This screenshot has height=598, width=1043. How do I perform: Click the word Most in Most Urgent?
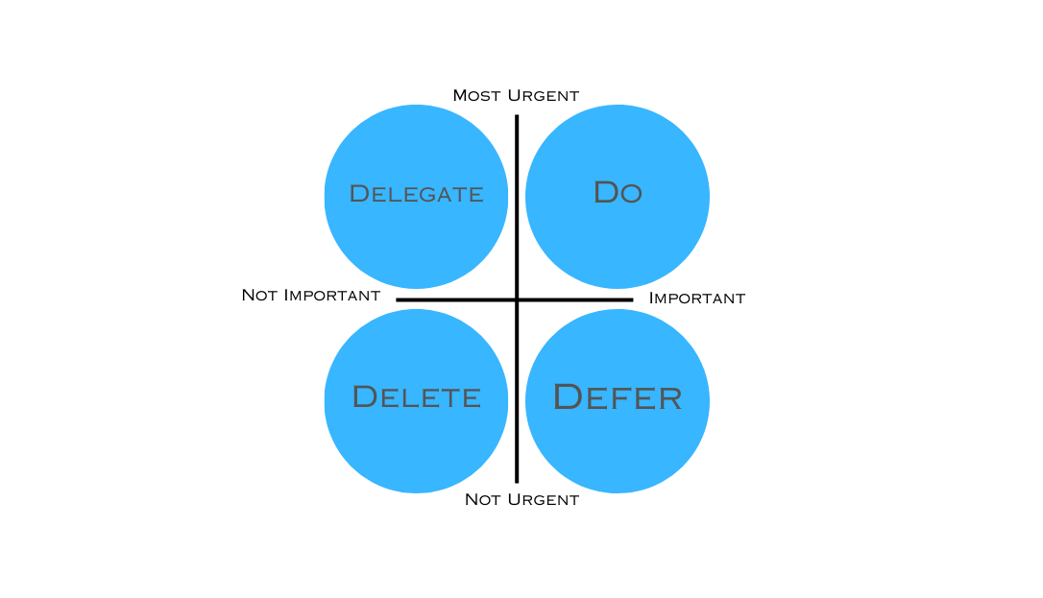pyautogui.click(x=474, y=95)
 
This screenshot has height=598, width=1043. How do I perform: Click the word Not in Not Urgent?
pyautogui.click(x=482, y=499)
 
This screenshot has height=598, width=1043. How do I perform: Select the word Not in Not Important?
pyautogui.click(x=259, y=295)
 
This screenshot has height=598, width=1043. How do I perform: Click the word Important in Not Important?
pyautogui.click(x=330, y=295)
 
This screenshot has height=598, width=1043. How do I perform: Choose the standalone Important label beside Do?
pyautogui.click(x=696, y=298)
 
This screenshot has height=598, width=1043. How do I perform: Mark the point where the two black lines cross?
pyautogui.click(x=517, y=299)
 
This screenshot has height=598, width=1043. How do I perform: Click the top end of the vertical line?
pyautogui.click(x=517, y=116)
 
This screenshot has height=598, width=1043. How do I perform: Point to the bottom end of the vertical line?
pyautogui.click(x=517, y=481)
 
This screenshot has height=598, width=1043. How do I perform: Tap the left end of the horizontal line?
pyautogui.click(x=398, y=299)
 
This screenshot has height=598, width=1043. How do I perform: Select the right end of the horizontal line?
pyautogui.click(x=632, y=299)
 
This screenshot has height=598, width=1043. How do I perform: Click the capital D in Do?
pyautogui.click(x=605, y=192)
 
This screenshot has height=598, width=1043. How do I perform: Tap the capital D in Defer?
pyautogui.click(x=569, y=396)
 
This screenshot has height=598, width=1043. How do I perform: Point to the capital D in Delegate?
pyautogui.click(x=358, y=194)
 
